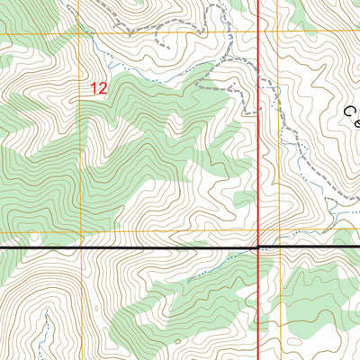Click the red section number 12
click(x=99, y=88)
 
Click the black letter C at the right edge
click(x=351, y=112)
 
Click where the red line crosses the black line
click(x=259, y=247)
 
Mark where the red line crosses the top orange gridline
click(x=259, y=33)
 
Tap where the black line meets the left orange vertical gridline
click(x=83, y=247)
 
